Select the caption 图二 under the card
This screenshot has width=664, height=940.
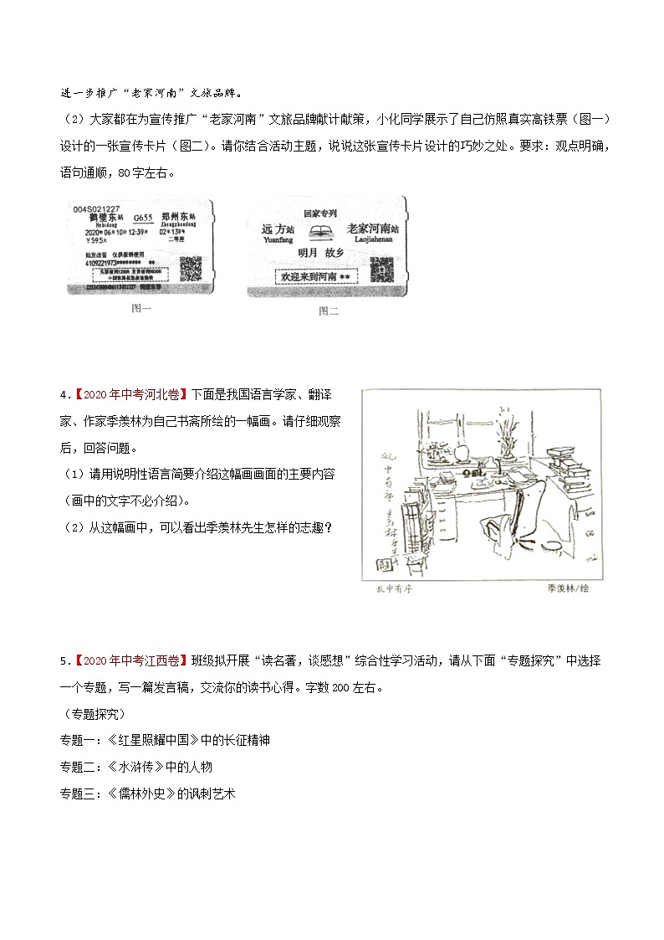328,311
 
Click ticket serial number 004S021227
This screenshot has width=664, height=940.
97,208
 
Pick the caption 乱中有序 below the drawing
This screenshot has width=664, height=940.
391,589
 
